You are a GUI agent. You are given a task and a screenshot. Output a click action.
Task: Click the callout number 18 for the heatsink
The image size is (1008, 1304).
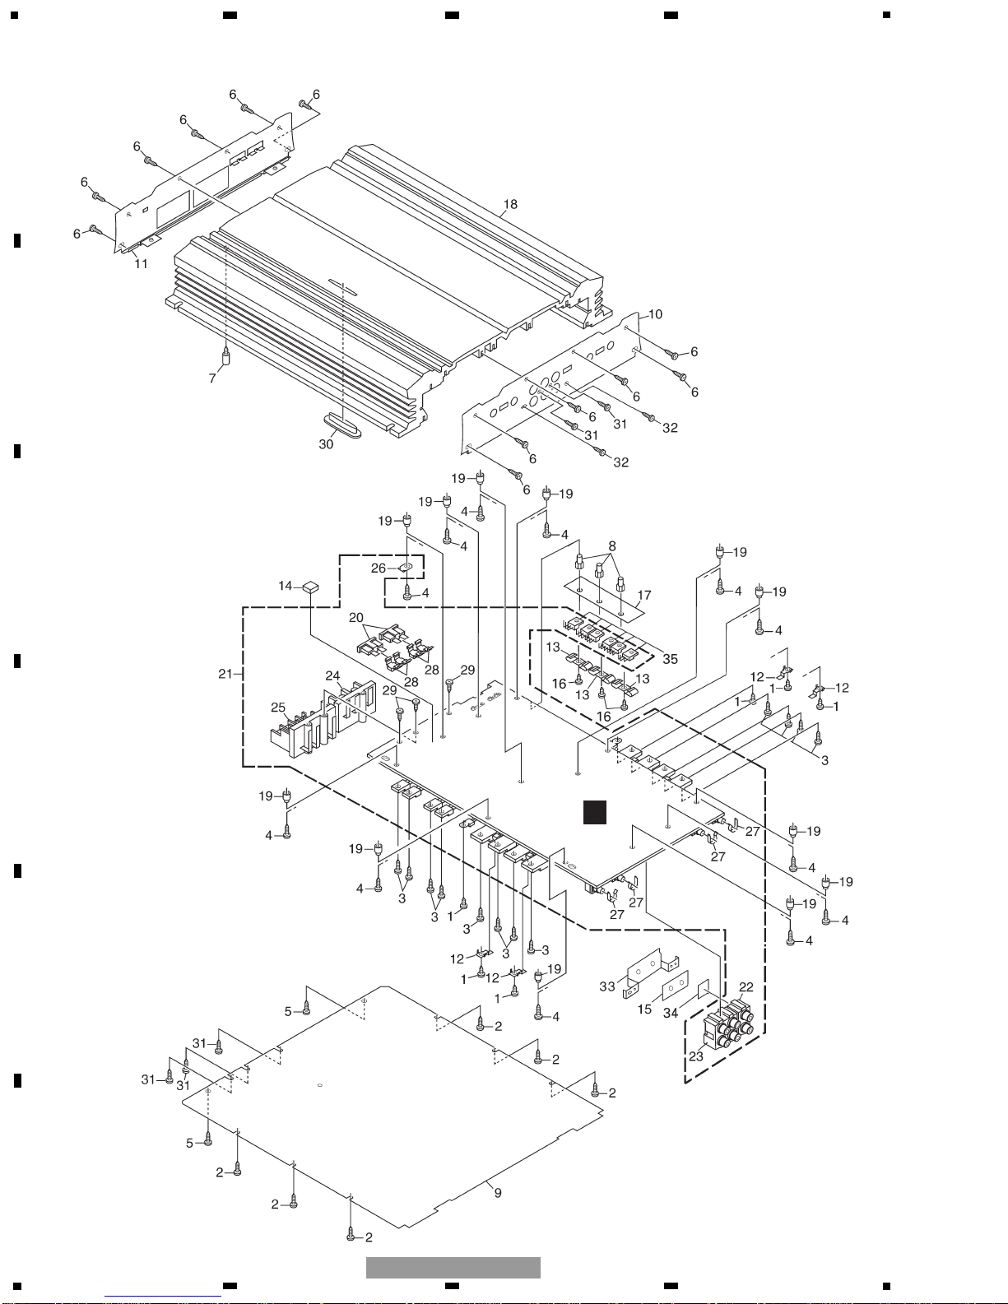tap(510, 205)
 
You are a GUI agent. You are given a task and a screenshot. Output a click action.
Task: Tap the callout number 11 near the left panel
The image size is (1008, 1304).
tap(141, 263)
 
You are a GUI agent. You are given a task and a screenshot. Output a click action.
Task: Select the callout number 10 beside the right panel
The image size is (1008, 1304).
tap(655, 313)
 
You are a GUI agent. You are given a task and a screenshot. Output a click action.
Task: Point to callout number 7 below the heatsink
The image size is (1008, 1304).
tap(211, 378)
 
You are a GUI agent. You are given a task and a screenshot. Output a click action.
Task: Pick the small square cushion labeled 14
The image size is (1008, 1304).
tap(311, 587)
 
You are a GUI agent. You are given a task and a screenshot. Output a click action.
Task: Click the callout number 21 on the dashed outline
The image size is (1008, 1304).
tap(225, 674)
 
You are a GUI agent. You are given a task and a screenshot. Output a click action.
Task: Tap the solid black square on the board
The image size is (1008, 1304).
tap(595, 813)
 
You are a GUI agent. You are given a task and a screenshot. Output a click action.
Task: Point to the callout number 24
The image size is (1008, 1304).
tap(332, 675)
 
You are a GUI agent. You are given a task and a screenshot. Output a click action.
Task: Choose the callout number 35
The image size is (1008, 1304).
tap(670, 659)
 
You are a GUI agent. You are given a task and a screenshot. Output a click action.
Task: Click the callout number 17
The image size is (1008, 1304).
tap(643, 596)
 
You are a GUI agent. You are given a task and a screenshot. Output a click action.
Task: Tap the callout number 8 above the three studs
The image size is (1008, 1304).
tap(612, 546)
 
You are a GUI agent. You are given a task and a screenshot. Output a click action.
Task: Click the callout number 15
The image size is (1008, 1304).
tap(644, 1009)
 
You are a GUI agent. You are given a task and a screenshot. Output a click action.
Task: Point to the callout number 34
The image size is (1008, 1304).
tap(670, 1013)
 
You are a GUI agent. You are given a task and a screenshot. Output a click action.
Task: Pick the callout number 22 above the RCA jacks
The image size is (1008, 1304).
tap(746, 987)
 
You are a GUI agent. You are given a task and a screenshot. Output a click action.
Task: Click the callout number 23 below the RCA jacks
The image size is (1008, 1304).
tap(696, 1056)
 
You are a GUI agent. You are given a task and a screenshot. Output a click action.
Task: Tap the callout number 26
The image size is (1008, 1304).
tap(378, 568)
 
